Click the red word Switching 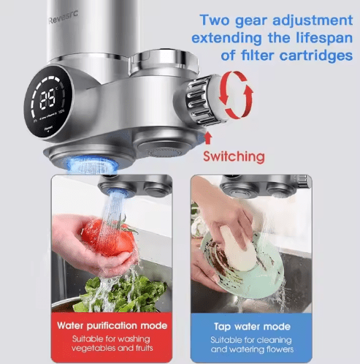click(x=233, y=155)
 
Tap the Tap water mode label click(x=251, y=325)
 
